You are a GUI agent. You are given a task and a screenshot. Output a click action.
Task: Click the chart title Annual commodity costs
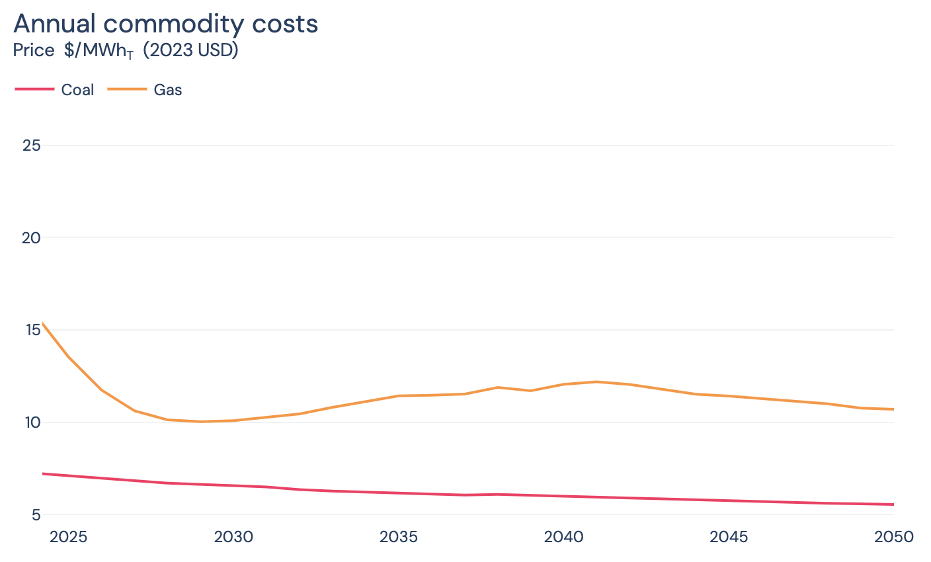point(165,24)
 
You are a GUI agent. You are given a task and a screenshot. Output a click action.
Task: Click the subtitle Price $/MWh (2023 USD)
point(126,51)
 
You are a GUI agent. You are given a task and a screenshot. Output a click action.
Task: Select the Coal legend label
point(77,90)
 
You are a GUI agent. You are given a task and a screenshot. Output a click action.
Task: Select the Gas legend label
point(168,90)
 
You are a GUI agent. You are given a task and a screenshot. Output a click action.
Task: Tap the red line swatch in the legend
point(34,89)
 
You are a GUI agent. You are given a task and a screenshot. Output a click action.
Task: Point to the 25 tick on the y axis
point(31,145)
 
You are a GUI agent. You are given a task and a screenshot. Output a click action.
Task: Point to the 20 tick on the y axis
point(31,237)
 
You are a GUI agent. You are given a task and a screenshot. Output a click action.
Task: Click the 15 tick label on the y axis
point(31,330)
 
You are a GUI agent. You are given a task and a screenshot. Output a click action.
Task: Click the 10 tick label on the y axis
point(31,422)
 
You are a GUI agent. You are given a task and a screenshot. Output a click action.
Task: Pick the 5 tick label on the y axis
point(36,514)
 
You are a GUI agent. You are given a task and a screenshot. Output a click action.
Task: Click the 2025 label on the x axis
point(68,537)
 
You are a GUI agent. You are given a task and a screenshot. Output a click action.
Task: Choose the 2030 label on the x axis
point(233,537)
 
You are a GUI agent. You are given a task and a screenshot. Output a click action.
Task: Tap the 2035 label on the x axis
point(399,537)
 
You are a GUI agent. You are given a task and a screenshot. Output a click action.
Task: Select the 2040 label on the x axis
point(563,537)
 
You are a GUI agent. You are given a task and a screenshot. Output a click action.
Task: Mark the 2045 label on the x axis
point(729,537)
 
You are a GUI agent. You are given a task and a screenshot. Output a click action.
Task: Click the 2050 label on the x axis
point(893,537)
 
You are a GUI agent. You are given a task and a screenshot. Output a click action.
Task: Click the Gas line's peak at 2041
point(596,381)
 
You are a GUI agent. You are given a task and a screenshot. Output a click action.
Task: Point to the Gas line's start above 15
point(43,323)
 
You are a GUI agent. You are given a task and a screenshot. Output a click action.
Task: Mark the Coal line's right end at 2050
point(893,504)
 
